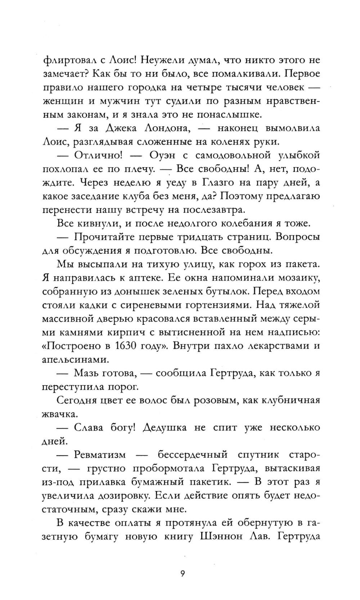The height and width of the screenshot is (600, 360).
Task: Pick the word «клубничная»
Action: [x=291, y=400]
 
